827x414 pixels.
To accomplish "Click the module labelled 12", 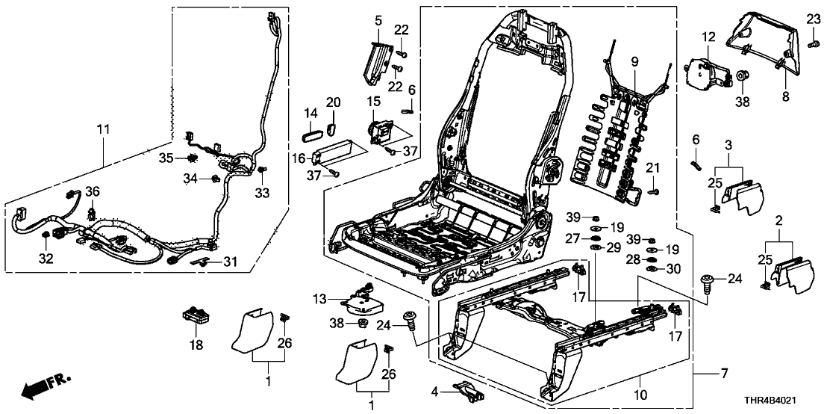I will coord(706,69).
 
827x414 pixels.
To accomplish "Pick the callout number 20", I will coord(333,102).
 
